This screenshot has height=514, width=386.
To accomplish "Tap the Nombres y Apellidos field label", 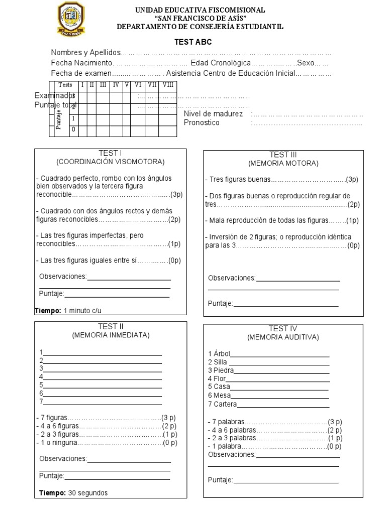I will point(86,53).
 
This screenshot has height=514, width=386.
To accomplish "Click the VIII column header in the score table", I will point(168,85).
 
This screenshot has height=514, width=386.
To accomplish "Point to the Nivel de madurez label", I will point(213,114).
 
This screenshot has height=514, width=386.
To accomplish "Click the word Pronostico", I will point(202,123).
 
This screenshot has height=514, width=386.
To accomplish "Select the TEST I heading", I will point(111,153).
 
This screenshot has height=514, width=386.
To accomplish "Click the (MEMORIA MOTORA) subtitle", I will point(283,163).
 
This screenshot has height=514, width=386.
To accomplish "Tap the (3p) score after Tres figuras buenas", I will point(352,180).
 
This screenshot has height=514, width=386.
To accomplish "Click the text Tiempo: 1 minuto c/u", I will point(71,311).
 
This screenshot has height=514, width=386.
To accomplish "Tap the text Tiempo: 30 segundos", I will point(73,493).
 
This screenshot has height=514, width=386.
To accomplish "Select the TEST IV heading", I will point(283,329).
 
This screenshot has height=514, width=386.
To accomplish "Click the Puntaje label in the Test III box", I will point(220,303).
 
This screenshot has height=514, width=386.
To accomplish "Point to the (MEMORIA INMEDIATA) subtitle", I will point(111,335).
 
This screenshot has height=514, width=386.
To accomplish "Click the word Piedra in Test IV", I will point(221,370).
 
